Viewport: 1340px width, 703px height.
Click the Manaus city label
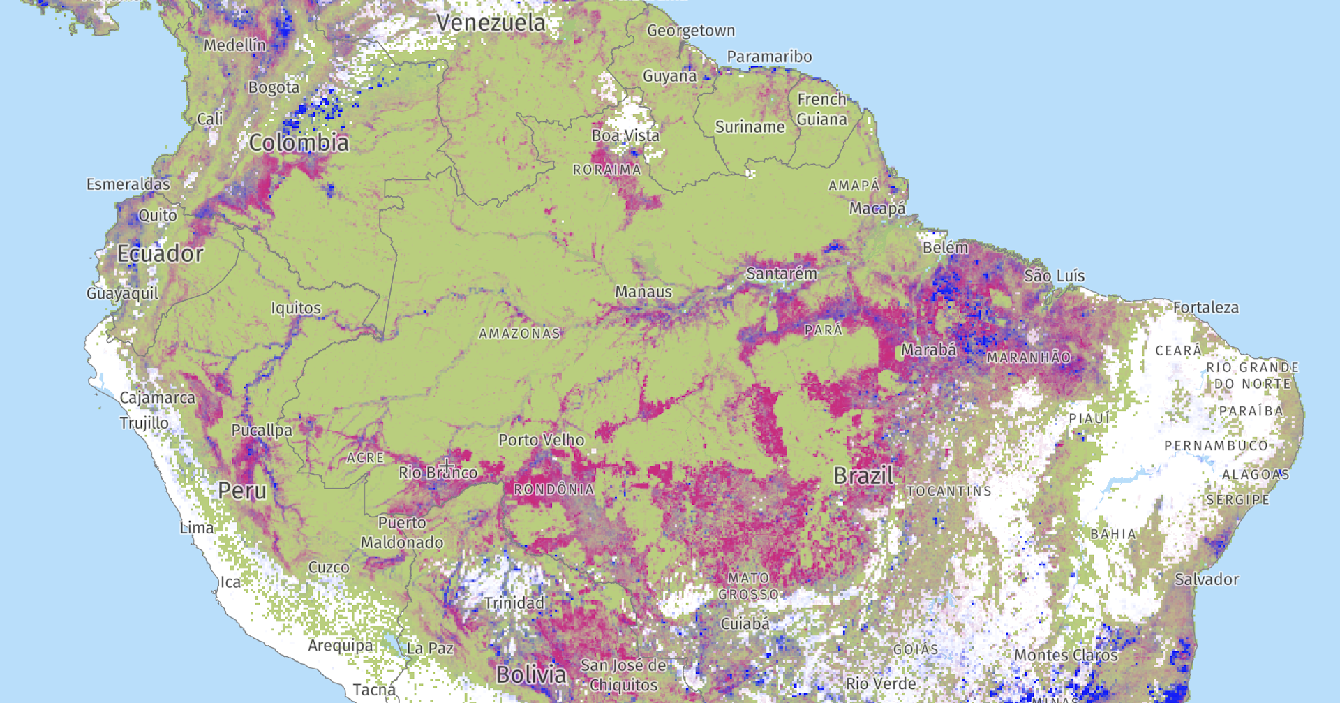pos(643,292)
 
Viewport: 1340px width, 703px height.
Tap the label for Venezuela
pos(491,22)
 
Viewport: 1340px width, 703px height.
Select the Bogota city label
pos(274,88)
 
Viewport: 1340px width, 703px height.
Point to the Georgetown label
pos(690,31)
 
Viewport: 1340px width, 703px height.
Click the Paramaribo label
pos(769,57)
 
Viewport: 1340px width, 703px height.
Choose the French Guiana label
pos(821,110)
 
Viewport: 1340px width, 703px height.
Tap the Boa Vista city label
pos(625,135)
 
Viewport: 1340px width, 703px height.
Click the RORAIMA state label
pos(606,170)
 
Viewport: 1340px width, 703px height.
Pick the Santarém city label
pos(781,274)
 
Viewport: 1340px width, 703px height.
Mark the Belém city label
pos(945,248)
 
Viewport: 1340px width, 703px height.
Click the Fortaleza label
pos(1205,308)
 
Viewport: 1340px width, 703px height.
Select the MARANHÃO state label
pos(1028,357)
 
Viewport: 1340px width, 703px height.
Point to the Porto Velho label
pos(541,440)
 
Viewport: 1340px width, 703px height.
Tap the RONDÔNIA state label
pos(553,490)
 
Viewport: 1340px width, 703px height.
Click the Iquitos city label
pos(296,308)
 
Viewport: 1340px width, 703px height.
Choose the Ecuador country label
pos(160,253)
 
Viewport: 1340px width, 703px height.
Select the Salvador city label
pos(1206,579)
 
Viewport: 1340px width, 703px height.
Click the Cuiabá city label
pos(745,623)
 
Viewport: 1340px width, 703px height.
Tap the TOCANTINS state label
pos(948,491)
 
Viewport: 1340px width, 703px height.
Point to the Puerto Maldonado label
pos(401,533)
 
